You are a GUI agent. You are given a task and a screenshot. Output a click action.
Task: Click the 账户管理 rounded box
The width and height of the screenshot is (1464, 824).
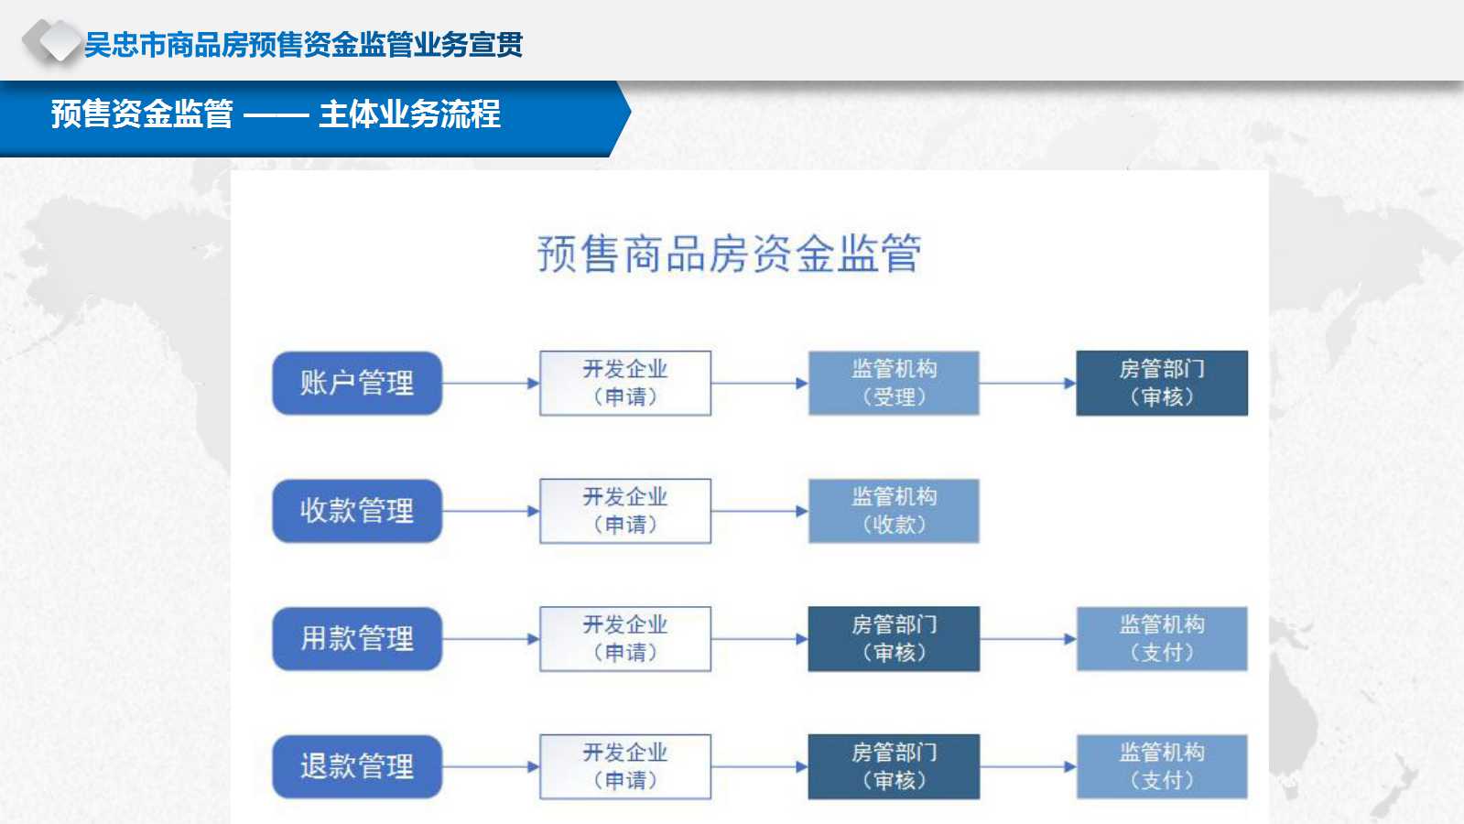(x=357, y=383)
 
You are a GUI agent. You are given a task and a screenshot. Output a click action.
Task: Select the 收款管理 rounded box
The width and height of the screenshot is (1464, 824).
(x=357, y=511)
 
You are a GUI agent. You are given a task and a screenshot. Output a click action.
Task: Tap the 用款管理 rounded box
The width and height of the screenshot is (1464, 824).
(x=357, y=638)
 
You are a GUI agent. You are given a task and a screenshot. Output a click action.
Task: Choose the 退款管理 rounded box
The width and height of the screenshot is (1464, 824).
(x=357, y=766)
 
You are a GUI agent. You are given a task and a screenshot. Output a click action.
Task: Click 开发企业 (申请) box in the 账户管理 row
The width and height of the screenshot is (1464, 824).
(x=625, y=383)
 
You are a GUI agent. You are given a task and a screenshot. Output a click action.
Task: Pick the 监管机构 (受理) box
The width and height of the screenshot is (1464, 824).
(x=894, y=383)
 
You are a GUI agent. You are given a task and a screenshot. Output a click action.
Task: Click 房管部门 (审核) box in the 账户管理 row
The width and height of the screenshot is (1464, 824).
(x=1162, y=383)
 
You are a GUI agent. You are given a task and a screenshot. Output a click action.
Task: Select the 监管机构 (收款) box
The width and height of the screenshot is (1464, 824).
(x=894, y=511)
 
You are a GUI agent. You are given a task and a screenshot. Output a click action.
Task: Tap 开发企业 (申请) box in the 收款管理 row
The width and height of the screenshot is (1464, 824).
(x=625, y=511)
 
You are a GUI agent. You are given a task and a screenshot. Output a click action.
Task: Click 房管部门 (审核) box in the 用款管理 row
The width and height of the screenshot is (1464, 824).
(x=894, y=638)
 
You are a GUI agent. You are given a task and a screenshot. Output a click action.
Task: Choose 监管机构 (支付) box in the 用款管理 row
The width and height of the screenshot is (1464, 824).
(x=1162, y=638)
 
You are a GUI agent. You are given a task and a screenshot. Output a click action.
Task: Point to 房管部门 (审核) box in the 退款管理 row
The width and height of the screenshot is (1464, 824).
(x=894, y=766)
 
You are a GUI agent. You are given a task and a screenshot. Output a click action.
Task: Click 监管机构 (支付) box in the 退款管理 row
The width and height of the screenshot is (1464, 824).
(x=1162, y=766)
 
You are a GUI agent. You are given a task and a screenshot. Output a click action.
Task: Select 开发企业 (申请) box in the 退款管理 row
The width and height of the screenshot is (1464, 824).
(x=625, y=766)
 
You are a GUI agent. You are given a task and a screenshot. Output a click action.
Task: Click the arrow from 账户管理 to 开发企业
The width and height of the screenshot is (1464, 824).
(x=491, y=383)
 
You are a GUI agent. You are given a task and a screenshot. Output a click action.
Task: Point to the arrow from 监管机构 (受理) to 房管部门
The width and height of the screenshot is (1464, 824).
(x=1028, y=383)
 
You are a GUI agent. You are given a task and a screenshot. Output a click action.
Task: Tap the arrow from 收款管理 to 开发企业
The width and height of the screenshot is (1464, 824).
(x=491, y=511)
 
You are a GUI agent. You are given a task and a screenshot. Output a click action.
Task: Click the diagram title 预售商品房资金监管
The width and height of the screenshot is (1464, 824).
(x=729, y=253)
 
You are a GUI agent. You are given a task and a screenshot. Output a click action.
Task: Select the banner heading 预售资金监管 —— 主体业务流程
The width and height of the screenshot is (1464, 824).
(x=276, y=114)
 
